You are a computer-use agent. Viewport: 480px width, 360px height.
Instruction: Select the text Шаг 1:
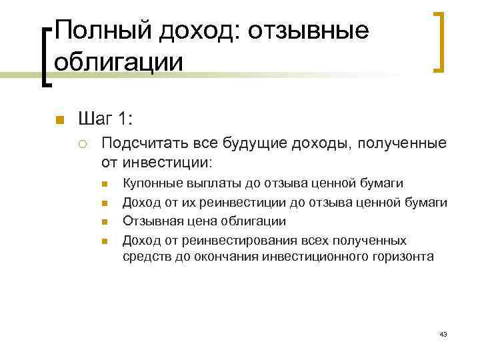click(x=105, y=119)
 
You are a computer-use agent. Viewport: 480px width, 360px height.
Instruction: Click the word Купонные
click(x=151, y=183)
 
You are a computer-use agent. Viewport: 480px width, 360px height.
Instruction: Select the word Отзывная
click(x=150, y=221)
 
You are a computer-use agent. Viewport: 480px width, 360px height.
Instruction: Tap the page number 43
click(x=443, y=333)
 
